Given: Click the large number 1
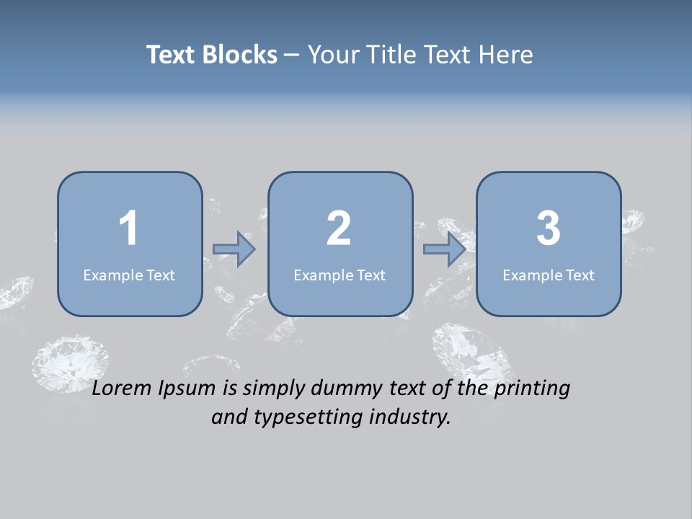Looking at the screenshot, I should (128, 229).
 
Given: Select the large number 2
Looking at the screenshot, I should (339, 229).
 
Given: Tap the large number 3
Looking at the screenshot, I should (548, 229).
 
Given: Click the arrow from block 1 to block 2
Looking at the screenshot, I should (234, 249).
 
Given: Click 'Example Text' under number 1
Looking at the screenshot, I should (129, 275).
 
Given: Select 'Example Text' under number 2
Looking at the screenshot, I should (340, 275).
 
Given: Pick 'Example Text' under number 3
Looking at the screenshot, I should (549, 275).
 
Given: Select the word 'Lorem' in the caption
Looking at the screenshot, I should (123, 389).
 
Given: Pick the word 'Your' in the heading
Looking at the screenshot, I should (330, 55).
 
